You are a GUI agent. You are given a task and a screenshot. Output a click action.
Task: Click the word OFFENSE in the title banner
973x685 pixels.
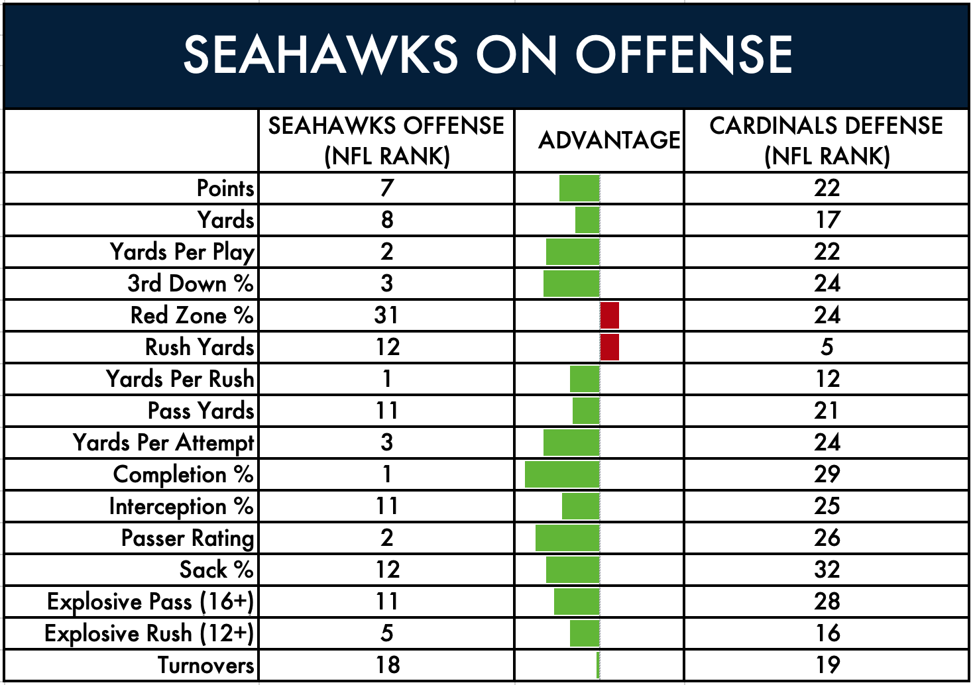685,54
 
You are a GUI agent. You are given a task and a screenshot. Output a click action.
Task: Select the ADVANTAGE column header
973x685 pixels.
609,140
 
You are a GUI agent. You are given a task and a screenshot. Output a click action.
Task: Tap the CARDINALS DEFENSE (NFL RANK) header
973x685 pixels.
827,140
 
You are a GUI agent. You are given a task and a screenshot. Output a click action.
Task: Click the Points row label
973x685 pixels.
225,188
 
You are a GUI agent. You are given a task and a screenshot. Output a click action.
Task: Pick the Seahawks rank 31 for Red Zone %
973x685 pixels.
386,315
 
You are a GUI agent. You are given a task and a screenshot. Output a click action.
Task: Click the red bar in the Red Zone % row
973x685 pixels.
610,315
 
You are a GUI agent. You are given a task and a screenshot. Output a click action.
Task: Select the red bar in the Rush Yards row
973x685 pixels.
610,347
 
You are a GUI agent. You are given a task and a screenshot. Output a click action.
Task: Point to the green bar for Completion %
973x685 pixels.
563,474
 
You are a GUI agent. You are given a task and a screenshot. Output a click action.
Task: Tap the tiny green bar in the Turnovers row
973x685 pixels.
599,665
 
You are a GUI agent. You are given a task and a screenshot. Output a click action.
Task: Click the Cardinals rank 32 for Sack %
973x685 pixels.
827,570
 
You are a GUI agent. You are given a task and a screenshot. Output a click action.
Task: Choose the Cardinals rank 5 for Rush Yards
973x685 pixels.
827,347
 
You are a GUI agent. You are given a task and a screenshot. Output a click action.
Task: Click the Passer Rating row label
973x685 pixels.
188,539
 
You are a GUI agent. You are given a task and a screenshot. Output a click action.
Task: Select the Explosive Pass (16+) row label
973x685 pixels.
150,602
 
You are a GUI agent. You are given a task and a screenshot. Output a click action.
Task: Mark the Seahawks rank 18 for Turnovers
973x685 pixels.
388,665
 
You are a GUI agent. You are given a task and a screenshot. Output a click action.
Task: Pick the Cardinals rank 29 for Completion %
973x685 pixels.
827,474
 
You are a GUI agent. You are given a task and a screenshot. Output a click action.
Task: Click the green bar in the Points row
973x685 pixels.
579,188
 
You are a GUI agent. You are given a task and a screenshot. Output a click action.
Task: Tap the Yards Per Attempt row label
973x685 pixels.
163,443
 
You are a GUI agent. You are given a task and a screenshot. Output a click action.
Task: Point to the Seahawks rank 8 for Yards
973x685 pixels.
387,220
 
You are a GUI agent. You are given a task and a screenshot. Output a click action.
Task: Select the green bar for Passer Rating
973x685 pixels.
568,539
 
